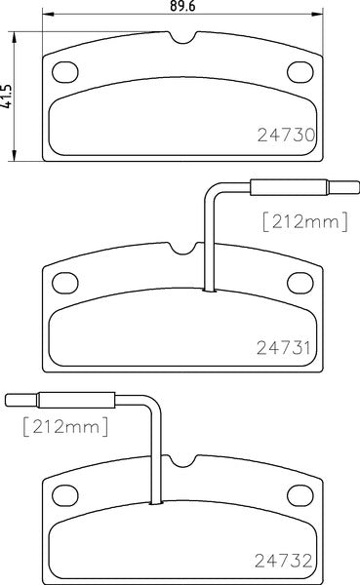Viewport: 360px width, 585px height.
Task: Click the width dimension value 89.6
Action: (x=182, y=7)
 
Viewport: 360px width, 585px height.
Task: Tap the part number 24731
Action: (x=291, y=346)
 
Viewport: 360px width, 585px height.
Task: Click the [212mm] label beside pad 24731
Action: (x=304, y=222)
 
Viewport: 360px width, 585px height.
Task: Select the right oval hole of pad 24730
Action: (x=301, y=71)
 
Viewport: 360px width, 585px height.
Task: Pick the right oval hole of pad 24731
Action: (x=301, y=282)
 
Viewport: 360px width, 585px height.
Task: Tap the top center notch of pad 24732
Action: (x=184, y=460)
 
